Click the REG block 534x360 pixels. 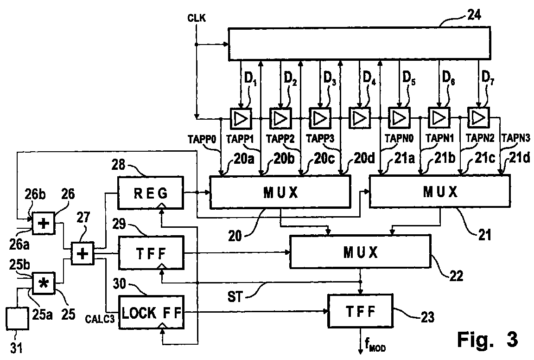point(151,193)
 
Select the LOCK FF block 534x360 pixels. point(151,312)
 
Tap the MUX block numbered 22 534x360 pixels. point(360,251)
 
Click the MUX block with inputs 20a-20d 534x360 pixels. point(280,192)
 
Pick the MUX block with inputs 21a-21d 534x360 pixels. point(439,191)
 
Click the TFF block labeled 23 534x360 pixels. point(360,311)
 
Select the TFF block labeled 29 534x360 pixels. point(151,253)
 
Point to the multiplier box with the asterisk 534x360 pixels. point(43,283)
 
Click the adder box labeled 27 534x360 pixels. point(83,254)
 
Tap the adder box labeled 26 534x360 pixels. point(43,223)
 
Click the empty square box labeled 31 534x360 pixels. point(17,318)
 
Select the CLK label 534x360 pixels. point(197,18)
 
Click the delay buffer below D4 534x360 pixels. point(359,118)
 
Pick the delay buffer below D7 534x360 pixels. point(478,118)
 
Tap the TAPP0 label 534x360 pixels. point(202,139)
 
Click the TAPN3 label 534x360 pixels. point(516,138)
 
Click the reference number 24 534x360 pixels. point(473,15)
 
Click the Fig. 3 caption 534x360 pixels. point(487,339)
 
